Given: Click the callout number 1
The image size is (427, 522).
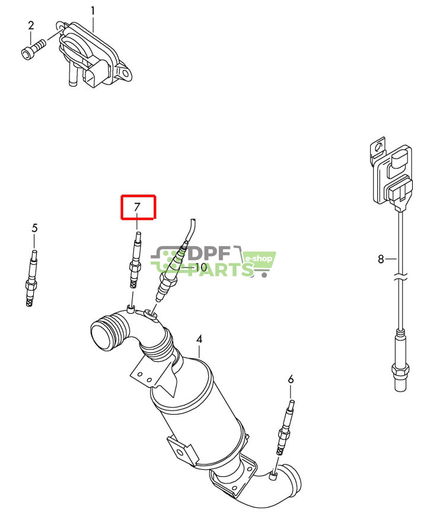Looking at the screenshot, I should click(x=93, y=11).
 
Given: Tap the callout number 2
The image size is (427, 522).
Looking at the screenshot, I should click(x=31, y=26).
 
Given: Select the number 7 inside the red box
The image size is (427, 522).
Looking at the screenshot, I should click(x=138, y=208).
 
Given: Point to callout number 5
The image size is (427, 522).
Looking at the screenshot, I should click(x=34, y=228).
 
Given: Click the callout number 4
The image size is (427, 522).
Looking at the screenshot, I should click(x=199, y=339).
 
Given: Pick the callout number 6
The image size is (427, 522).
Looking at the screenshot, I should click(x=291, y=378).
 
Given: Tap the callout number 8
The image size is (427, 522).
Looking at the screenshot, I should click(x=381, y=259).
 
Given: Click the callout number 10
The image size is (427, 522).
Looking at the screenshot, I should click(x=200, y=268).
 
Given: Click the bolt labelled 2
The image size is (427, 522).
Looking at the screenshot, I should click(x=33, y=48).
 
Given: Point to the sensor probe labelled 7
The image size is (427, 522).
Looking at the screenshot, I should click(x=135, y=263).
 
